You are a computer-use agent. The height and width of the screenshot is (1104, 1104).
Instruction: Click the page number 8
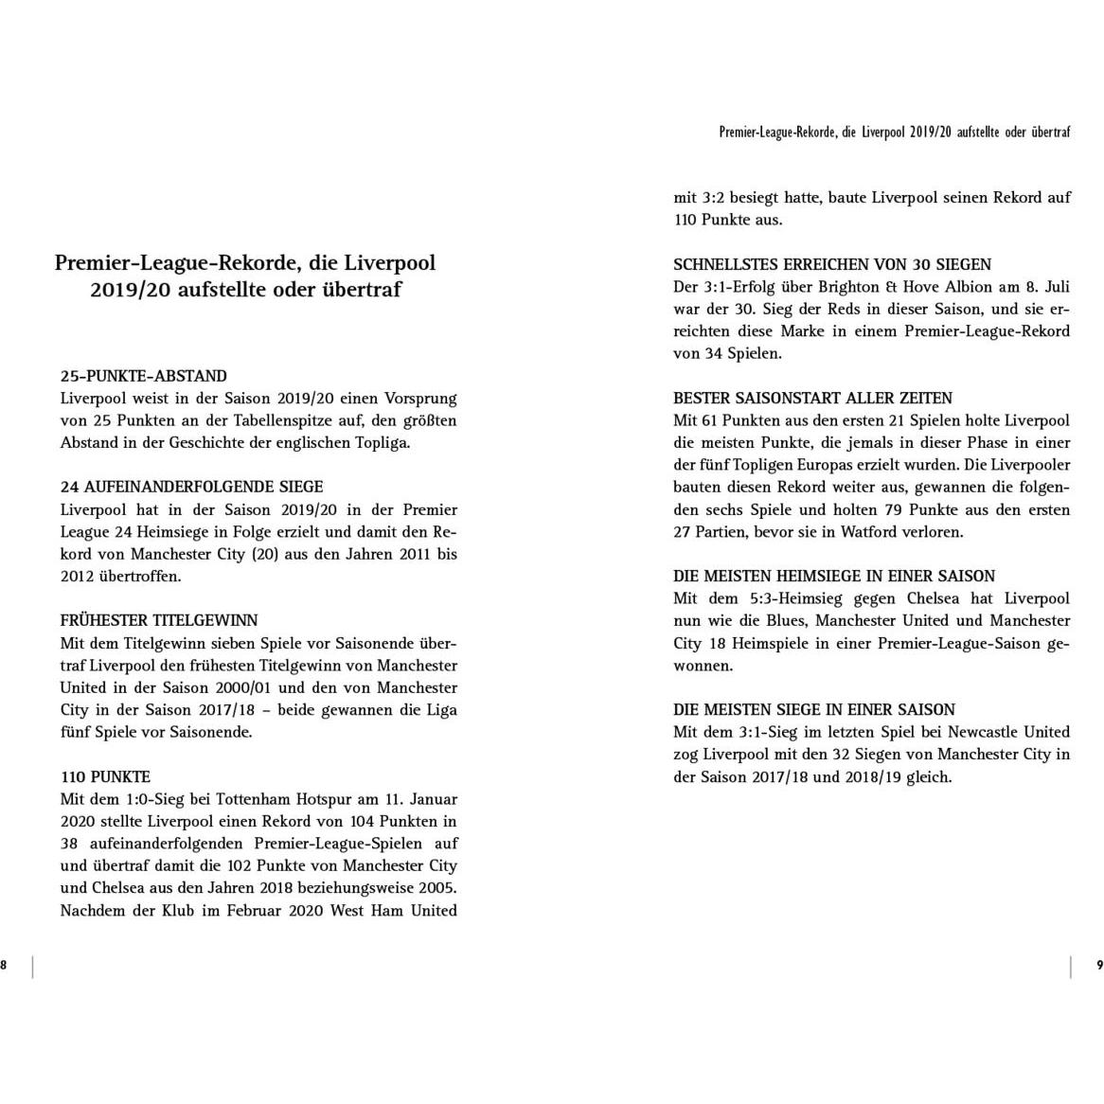pyautogui.click(x=4, y=965)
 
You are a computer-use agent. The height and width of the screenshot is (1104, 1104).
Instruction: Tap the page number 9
pyautogui.click(x=1098, y=965)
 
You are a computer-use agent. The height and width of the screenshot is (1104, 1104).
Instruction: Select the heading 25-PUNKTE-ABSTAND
pyautogui.click(x=143, y=376)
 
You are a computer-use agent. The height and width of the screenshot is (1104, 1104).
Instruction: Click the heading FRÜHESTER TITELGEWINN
pyautogui.click(x=158, y=621)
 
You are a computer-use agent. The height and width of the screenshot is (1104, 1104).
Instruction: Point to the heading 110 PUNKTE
pyautogui.click(x=105, y=777)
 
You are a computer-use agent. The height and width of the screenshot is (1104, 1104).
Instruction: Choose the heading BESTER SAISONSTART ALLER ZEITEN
pyautogui.click(x=812, y=398)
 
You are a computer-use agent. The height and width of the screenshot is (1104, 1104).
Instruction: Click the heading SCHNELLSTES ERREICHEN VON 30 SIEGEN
pyautogui.click(x=832, y=264)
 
